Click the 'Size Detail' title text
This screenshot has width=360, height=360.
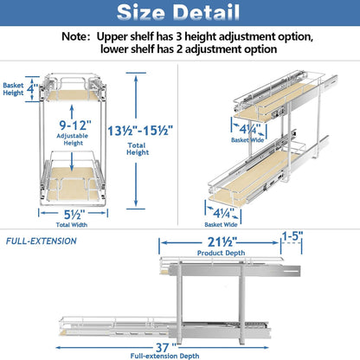(179, 14)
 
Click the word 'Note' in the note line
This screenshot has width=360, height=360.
(79, 38)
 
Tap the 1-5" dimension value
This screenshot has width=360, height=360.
(292, 235)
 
